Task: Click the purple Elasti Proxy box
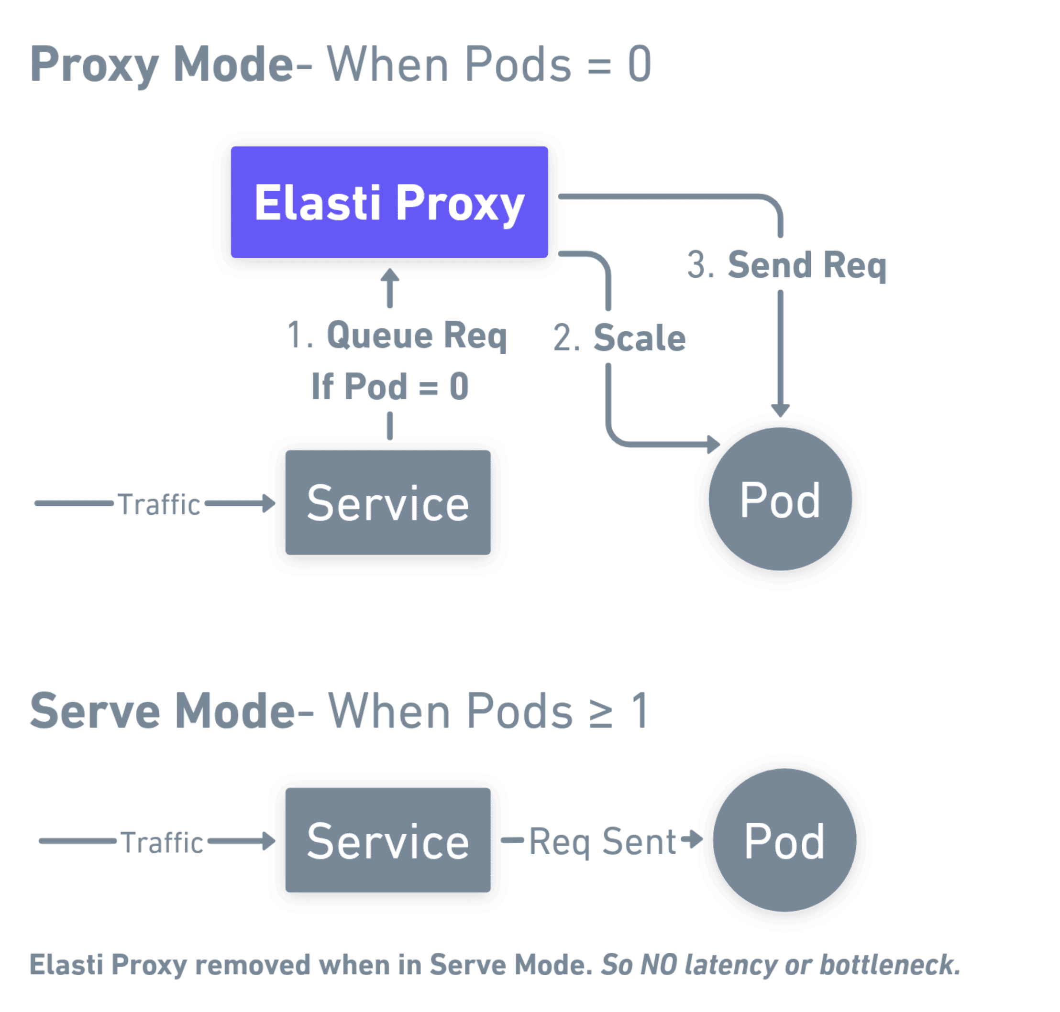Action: click(389, 202)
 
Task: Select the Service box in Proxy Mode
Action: click(387, 502)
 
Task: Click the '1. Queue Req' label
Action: click(397, 335)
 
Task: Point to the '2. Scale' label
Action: click(619, 338)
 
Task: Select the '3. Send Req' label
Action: click(786, 265)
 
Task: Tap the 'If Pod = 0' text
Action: click(390, 386)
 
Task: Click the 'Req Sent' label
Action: click(602, 841)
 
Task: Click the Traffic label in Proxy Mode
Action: click(159, 504)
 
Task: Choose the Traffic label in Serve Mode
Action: click(162, 841)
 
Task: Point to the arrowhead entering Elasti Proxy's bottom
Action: click(390, 274)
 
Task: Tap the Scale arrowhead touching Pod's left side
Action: click(714, 445)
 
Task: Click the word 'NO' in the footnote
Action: click(658, 965)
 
